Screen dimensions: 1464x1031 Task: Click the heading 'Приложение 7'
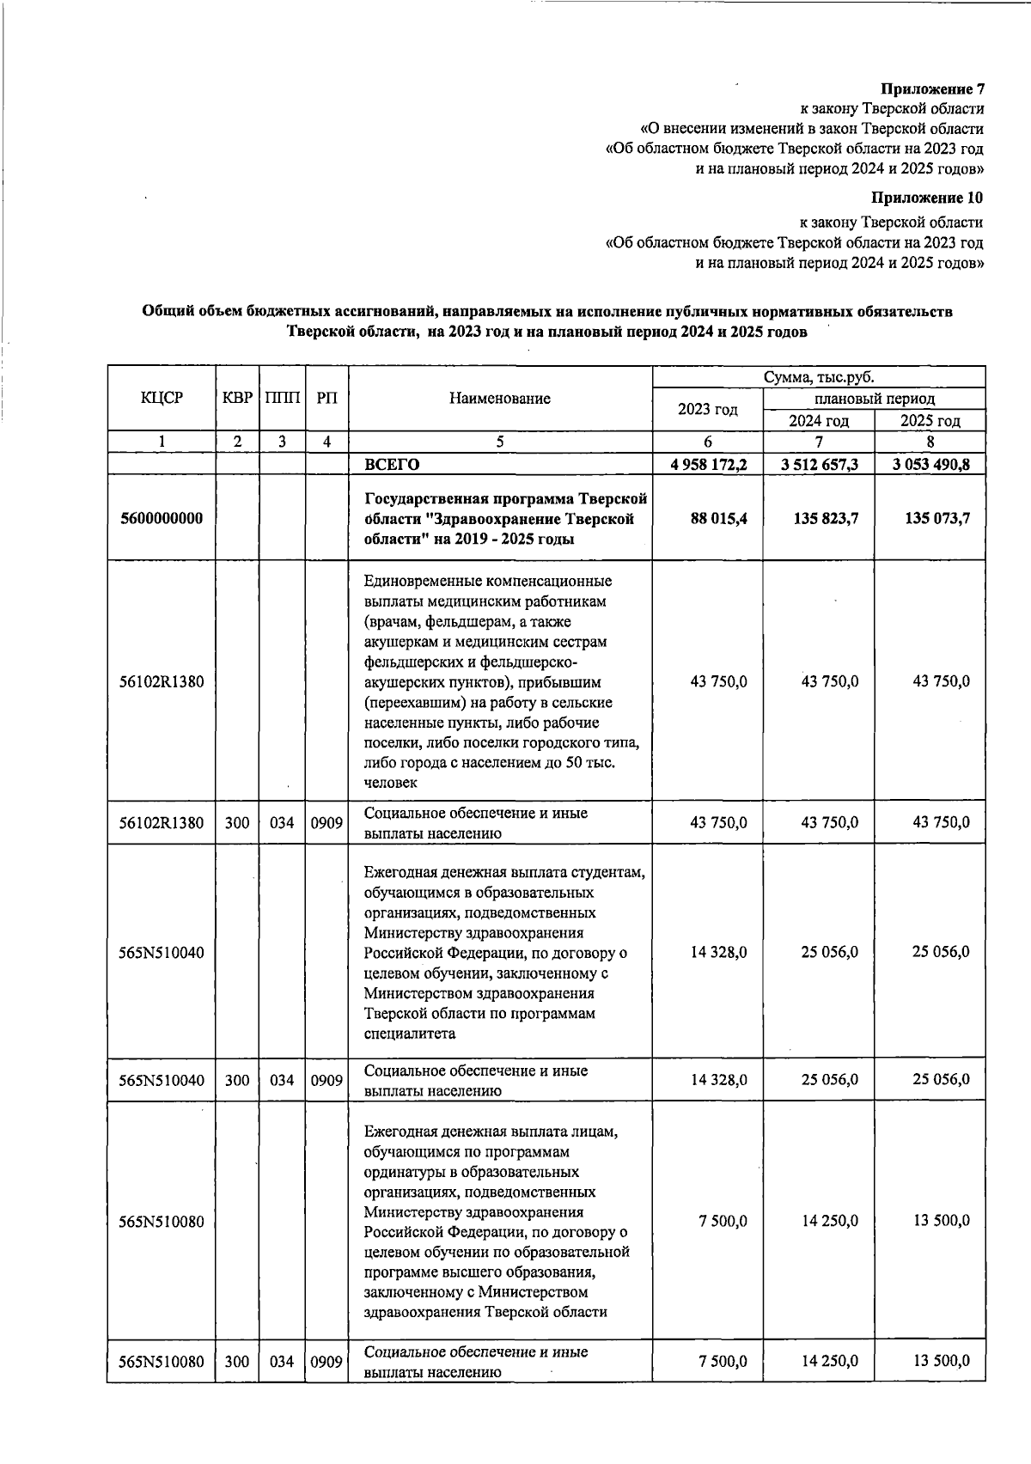pyautogui.click(x=933, y=89)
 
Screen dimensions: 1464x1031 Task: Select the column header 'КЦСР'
pyautogui.click(x=162, y=398)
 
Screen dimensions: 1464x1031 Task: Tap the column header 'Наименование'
pyautogui.click(x=499, y=398)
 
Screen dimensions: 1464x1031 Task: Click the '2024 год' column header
pyautogui.click(x=819, y=420)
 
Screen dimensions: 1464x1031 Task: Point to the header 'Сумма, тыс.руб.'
pyautogui.click(x=818, y=377)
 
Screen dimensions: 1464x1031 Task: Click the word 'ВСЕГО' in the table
pyautogui.click(x=392, y=465)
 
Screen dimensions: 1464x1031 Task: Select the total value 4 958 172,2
pyautogui.click(x=709, y=465)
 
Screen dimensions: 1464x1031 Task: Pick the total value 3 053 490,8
pyautogui.click(x=931, y=465)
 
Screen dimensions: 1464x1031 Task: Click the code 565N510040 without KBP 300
pyautogui.click(x=162, y=952)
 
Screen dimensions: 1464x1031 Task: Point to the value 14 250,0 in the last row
pyautogui.click(x=829, y=1361)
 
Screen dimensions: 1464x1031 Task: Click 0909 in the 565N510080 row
pyautogui.click(x=326, y=1362)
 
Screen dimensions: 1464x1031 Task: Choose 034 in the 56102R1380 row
pyautogui.click(x=282, y=823)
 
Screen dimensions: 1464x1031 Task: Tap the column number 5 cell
pyautogui.click(x=499, y=442)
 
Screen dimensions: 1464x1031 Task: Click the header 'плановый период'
pyautogui.click(x=874, y=399)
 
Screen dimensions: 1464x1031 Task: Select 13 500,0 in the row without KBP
pyautogui.click(x=941, y=1221)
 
